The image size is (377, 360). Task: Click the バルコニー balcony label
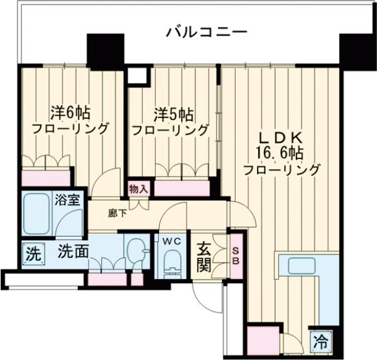coord(207,32)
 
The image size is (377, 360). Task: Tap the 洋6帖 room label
coord(70,113)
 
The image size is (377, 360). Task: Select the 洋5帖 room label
coord(173,114)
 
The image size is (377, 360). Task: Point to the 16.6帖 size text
coord(280,153)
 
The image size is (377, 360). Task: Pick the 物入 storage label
coord(138,188)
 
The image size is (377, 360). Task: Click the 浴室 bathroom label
coord(67,201)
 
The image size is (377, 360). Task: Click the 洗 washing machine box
coord(33,255)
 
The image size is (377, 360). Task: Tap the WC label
coord(171,241)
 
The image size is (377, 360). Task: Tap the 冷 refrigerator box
coord(320,342)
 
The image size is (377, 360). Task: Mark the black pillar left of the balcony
coord(101,52)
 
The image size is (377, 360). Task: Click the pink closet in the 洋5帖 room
coord(182,188)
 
